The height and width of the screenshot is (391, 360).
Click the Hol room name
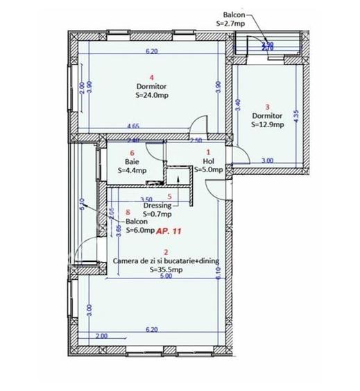pyautogui.click(x=207, y=160)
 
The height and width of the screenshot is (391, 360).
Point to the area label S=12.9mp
pyautogui.click(x=267, y=125)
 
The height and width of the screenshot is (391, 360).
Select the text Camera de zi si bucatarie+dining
pyautogui.click(x=166, y=261)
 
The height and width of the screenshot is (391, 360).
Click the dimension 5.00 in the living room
pyautogui.click(x=165, y=277)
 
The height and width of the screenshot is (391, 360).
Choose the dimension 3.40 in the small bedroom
pyautogui.click(x=239, y=106)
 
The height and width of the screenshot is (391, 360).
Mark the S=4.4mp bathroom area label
pyautogui.click(x=132, y=169)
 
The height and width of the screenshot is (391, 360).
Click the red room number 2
pyautogui.click(x=164, y=251)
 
